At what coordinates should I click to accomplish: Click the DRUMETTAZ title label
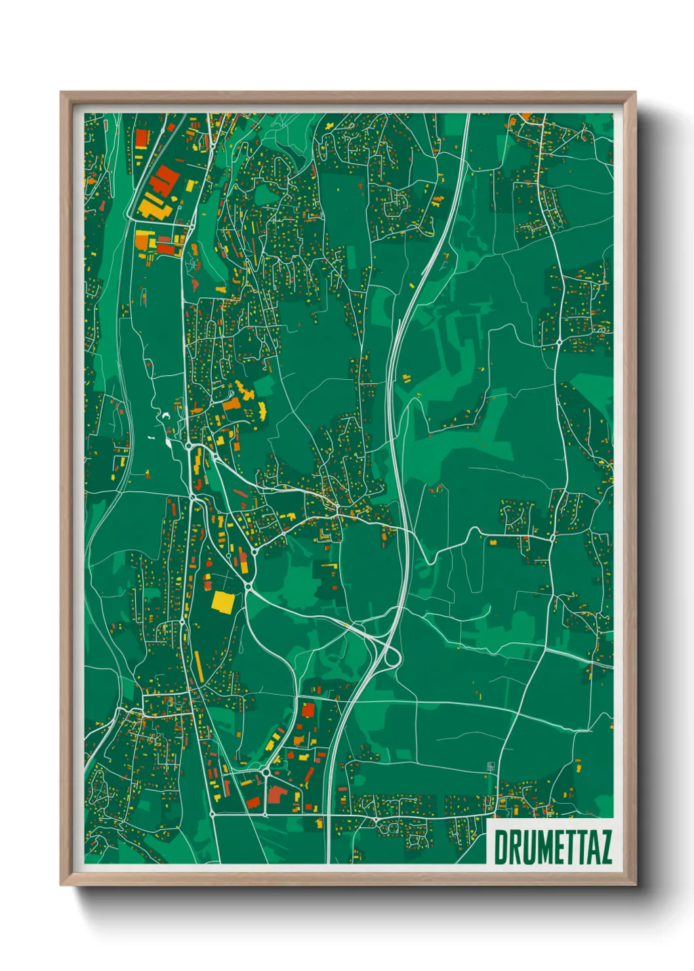(x=552, y=847)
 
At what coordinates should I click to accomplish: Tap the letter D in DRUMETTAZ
(x=500, y=847)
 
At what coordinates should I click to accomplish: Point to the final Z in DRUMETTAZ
(x=604, y=847)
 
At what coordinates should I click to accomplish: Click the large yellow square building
(x=223, y=601)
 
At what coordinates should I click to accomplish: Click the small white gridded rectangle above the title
(x=491, y=766)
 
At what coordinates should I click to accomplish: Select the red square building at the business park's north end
(x=308, y=709)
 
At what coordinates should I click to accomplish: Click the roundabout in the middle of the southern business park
(x=266, y=774)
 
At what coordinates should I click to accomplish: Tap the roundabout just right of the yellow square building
(x=249, y=586)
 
